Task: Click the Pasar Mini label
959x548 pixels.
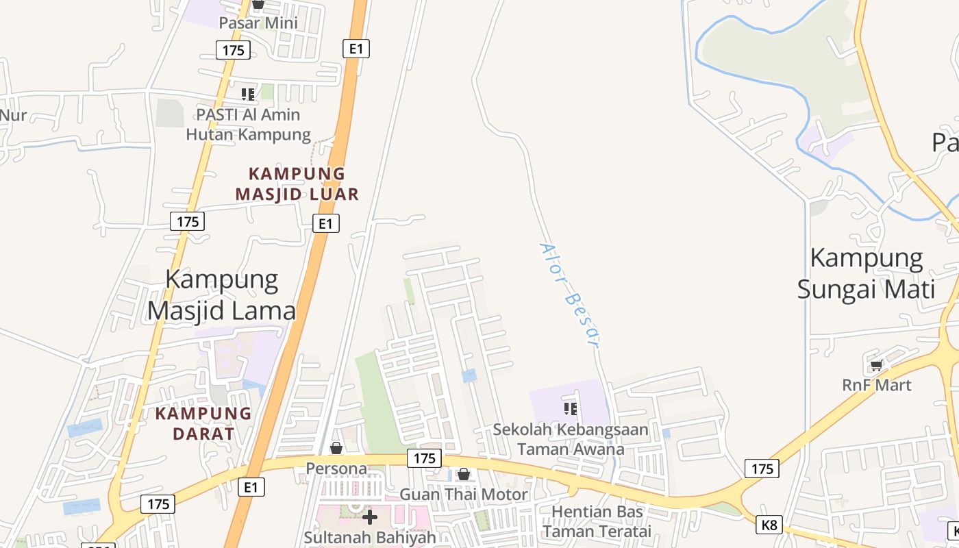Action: (258, 23)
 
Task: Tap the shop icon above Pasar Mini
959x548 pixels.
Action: (258, 4)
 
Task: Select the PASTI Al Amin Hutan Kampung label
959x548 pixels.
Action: (249, 124)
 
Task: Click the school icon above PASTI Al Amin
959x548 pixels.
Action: (248, 95)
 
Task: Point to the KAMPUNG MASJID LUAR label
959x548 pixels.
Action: (297, 184)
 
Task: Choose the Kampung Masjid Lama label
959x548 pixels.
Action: (222, 295)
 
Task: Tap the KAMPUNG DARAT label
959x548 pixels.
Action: (203, 423)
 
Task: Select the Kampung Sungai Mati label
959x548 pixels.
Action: (867, 273)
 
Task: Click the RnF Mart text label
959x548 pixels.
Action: (877, 385)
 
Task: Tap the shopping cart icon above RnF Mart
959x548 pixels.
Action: (876, 366)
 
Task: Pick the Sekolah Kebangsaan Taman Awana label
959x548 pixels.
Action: (571, 439)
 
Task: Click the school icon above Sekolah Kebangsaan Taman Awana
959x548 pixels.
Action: (570, 409)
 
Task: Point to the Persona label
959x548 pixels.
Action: (336, 469)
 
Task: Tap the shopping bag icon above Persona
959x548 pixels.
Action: (336, 449)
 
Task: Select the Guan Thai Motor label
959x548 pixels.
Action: (464, 494)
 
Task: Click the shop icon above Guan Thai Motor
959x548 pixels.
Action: (464, 474)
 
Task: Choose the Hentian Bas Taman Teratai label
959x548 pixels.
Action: (597, 521)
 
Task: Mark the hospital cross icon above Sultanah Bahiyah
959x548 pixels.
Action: (370, 517)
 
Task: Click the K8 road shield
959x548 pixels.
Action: (769, 525)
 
